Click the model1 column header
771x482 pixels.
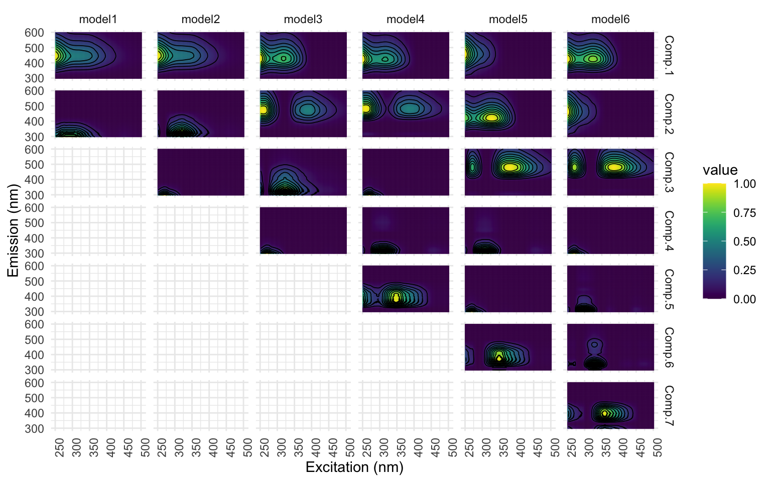pos(98,20)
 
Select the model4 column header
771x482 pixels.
pos(405,20)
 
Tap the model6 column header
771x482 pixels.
pos(610,20)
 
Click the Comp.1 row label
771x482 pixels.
pos(669,55)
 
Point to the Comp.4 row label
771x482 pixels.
pos(669,230)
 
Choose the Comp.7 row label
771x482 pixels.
pos(669,405)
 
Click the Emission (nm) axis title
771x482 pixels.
pos(13,230)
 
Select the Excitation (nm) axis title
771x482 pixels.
pos(354,467)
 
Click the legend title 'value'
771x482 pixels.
pos(720,170)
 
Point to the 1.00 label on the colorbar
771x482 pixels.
pos(744,184)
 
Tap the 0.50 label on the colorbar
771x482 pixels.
pos(744,242)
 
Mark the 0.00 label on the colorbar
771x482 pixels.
pos(744,299)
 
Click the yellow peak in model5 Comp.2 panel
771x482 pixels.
pos(491,117)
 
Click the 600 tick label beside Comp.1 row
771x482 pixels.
pos(34,33)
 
